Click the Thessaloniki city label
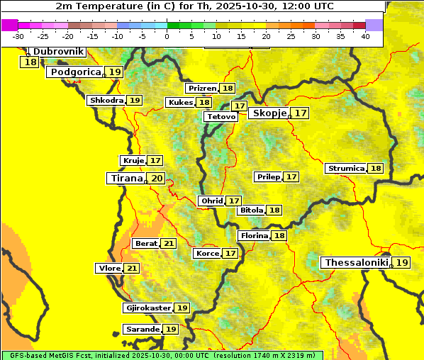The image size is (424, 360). click(356, 263)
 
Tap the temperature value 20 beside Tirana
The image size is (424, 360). click(157, 179)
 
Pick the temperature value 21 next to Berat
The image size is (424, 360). click(168, 244)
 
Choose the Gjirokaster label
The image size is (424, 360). click(147, 308)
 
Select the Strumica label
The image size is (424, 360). click(345, 169)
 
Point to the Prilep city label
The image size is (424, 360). click(268, 176)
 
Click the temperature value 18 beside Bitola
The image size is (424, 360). click(274, 210)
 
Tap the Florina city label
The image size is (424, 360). click(254, 236)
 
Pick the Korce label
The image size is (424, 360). click(207, 254)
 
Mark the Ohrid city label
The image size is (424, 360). click(211, 201)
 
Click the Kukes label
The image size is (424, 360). click(179, 103)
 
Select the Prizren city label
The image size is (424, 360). click(201, 89)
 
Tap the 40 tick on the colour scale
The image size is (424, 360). click(365, 36)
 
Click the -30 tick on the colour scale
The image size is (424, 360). click(18, 36)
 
